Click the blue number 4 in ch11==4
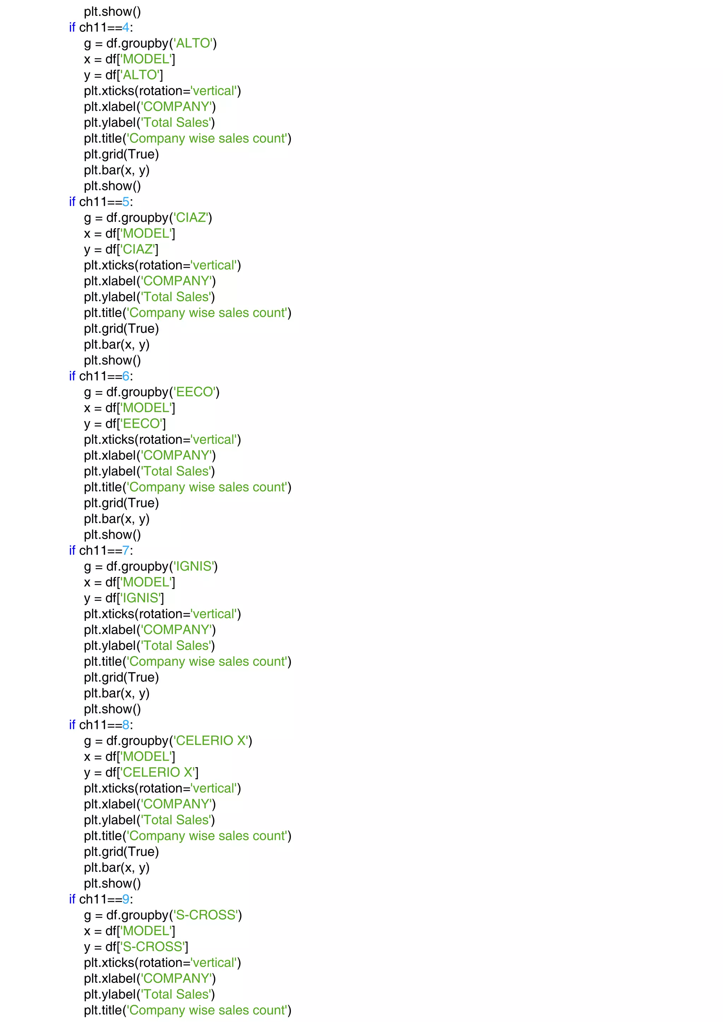coord(126,28)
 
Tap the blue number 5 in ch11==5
coord(126,202)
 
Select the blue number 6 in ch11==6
coord(126,377)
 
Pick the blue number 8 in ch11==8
coord(126,725)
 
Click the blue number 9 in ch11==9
coord(126,899)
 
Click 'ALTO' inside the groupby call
coord(193,44)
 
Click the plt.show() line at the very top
coord(112,12)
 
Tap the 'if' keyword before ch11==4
coord(72,28)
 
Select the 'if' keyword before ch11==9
coord(72,899)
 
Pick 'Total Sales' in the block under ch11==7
coord(177,646)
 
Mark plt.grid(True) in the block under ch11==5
coord(121,329)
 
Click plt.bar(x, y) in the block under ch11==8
coord(117,868)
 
